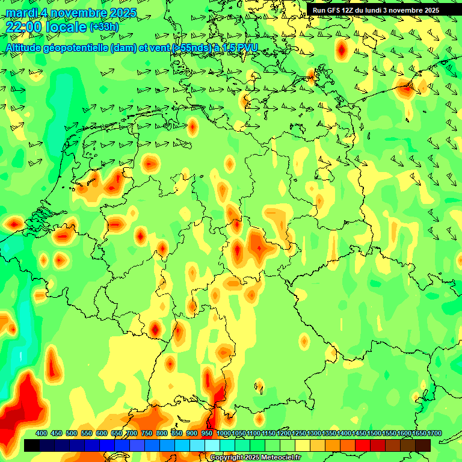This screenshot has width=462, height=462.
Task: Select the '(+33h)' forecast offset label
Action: pos(105,26)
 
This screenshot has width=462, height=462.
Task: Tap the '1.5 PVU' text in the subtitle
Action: pos(240,48)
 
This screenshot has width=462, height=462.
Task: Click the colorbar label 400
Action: pos(42,434)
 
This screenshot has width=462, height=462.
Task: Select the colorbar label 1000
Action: pos(223,434)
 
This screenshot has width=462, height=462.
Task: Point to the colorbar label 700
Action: pos(132,434)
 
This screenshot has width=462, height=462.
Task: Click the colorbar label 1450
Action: pos(359,434)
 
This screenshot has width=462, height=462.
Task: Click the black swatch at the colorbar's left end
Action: pos(31,445)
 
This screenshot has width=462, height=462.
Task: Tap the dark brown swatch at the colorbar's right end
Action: pos(423,445)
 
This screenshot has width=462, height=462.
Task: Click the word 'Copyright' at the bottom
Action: pos(226,458)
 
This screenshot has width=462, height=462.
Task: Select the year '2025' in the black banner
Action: pos(429,10)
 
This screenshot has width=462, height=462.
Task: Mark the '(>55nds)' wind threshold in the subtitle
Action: pos(188,48)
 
